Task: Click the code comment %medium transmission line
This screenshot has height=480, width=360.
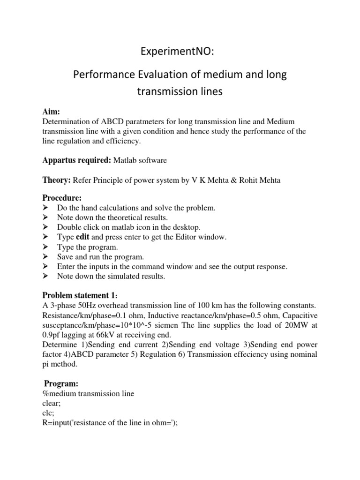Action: click(x=88, y=394)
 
